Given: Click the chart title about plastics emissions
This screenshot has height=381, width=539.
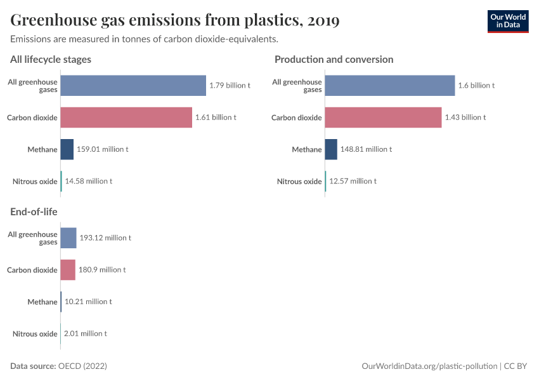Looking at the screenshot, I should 174,20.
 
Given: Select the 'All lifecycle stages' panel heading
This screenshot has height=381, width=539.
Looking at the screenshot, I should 51,59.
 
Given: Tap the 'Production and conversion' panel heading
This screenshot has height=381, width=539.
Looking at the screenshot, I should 334,59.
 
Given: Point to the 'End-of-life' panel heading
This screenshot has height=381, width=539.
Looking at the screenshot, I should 34,211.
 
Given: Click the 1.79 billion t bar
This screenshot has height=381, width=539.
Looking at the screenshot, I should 133,85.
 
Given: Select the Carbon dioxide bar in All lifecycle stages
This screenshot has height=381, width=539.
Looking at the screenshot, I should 126,117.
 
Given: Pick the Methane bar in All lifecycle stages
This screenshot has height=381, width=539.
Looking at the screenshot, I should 67,149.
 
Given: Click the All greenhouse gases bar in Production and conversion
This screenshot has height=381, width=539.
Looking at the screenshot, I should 390,85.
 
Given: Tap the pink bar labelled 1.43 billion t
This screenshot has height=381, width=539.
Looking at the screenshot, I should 383,117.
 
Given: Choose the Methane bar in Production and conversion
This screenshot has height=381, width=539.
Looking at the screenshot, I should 331,149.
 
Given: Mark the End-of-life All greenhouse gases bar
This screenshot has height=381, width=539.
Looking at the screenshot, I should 68,237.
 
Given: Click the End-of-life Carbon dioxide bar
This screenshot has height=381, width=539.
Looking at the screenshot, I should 68,270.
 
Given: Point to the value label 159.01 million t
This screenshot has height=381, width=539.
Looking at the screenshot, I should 102,149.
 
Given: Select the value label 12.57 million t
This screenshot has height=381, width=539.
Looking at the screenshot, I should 353,181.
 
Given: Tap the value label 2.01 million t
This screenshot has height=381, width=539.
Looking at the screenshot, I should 86,333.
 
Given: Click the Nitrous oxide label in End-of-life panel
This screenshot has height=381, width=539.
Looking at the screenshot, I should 35,333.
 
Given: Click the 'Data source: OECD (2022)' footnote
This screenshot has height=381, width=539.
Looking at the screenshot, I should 58,366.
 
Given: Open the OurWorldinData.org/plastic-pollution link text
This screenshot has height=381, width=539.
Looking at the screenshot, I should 429,366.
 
